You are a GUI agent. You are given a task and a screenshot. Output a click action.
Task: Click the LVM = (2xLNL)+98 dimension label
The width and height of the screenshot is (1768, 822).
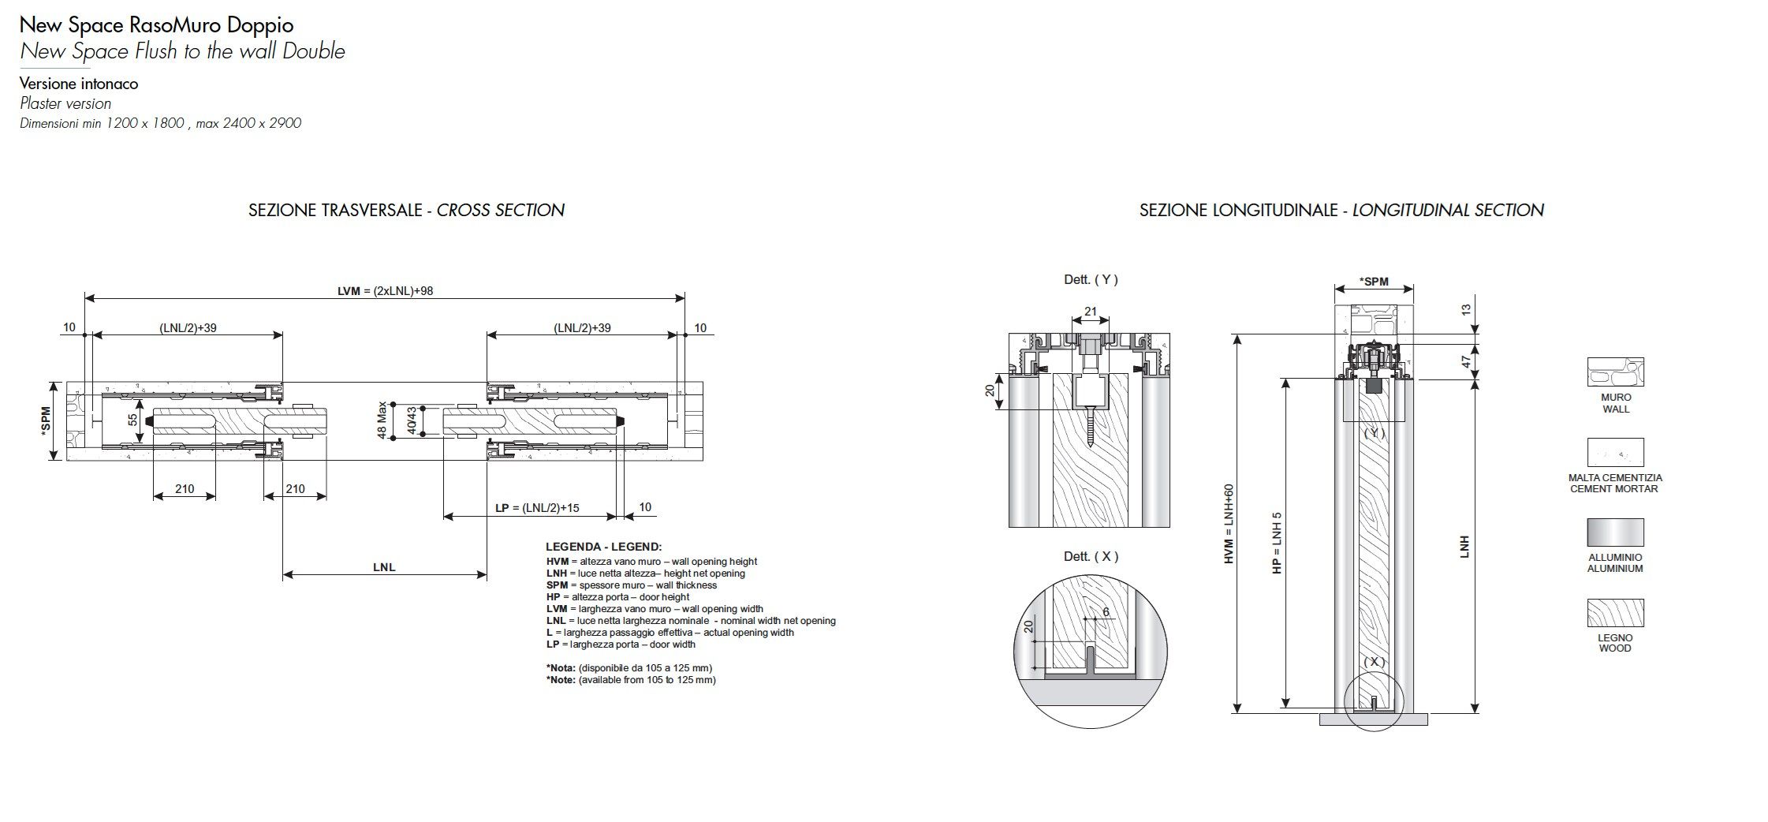pos(385,291)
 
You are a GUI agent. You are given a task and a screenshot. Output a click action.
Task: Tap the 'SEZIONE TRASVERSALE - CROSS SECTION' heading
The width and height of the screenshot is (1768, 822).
pos(406,210)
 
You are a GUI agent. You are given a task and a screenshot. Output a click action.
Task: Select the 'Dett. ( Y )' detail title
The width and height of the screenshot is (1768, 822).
pos(1091,279)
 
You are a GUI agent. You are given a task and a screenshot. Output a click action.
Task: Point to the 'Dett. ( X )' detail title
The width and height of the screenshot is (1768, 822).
pos(1091,556)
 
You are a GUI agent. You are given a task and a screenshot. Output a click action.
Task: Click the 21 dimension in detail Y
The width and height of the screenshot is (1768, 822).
pos(1091,312)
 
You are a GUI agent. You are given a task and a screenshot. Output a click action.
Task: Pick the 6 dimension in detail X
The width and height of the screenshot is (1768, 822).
pos(1106,612)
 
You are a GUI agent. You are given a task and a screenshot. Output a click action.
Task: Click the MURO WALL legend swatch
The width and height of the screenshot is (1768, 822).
pos(1615,373)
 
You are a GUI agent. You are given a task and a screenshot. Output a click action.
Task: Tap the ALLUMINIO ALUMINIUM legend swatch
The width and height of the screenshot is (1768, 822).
pos(1615,532)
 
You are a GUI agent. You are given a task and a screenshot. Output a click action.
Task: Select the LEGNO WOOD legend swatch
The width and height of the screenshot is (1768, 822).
pos(1615,613)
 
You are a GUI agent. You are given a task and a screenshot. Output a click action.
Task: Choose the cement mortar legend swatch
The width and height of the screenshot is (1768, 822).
pos(1615,453)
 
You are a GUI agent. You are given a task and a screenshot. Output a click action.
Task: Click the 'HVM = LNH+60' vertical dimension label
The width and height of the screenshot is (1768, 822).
pos(1229,523)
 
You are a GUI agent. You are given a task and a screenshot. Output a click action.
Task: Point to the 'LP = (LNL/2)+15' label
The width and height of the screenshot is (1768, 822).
pos(537,508)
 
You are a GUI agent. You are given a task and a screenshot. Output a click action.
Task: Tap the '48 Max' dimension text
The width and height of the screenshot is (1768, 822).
pos(382,420)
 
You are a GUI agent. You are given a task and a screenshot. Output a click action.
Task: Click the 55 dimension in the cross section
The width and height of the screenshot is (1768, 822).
pos(133,420)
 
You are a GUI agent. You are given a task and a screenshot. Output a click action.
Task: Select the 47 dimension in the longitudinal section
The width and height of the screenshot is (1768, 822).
pos(1465,361)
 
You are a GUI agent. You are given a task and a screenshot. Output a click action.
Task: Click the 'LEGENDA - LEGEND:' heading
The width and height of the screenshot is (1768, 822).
pos(603,547)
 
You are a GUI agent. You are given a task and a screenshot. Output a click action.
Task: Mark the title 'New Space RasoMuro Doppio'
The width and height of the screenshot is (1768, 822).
pos(156,25)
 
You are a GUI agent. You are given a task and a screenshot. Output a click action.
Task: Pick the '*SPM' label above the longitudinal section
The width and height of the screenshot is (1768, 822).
pos(1374,282)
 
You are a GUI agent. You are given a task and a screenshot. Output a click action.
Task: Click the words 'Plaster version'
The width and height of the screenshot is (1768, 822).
pos(65,103)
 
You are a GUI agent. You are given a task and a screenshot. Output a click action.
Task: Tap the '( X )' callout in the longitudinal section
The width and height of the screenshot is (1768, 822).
pos(1374,662)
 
